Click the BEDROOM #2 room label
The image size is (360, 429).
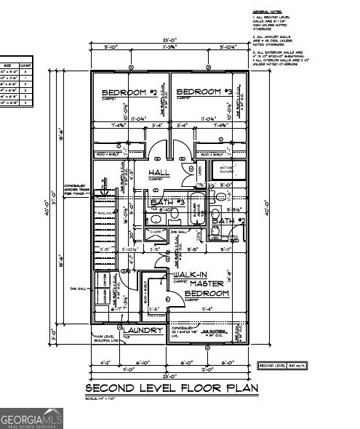point(129,93)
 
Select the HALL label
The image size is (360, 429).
point(159,172)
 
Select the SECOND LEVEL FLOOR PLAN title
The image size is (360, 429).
point(172,388)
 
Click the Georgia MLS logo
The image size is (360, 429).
point(32,419)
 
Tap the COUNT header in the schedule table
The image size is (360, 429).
point(24,65)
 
